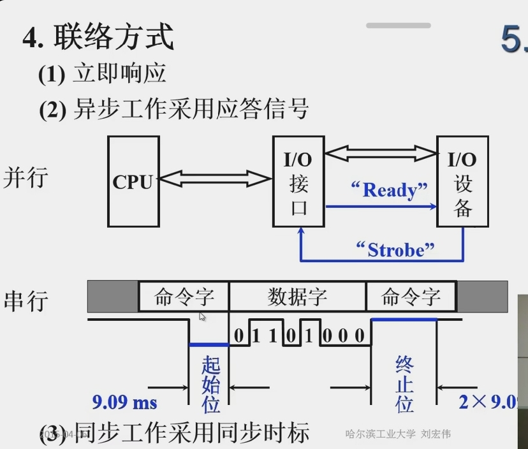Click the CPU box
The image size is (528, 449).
tap(133, 182)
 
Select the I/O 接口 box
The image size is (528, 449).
tap(299, 181)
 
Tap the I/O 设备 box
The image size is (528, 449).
tap(463, 182)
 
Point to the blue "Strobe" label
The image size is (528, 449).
tap(395, 249)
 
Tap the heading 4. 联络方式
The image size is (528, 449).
tap(98, 37)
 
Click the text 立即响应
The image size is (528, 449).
tap(120, 73)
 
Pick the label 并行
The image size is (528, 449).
tap(26, 177)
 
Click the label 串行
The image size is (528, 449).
tap(26, 300)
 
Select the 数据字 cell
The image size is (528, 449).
tap(297, 297)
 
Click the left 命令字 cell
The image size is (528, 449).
tap(184, 297)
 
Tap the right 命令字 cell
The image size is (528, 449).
tap(411, 297)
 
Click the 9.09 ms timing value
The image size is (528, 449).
tap(125, 402)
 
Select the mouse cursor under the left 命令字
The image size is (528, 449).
tap(202, 316)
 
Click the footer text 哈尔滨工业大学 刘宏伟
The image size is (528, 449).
tap(398, 434)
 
